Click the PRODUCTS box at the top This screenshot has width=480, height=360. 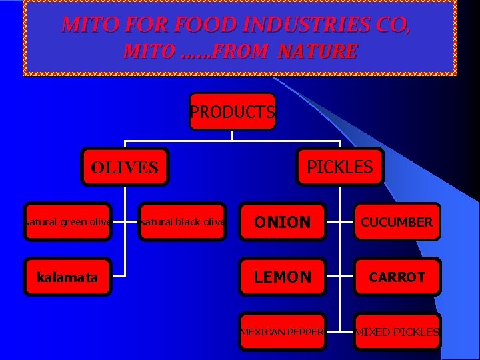[232, 111]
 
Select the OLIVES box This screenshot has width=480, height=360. [125, 167]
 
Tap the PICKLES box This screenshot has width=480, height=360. [339, 166]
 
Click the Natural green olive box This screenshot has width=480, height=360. [67, 221]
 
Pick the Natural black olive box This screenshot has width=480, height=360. [182, 221]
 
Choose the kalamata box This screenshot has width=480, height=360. [67, 277]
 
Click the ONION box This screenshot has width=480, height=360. [283, 221]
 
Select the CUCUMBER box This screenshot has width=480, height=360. [397, 221]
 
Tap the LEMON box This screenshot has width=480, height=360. [283, 277]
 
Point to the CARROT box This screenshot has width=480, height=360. [397, 277]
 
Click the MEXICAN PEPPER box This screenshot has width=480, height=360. [283, 331]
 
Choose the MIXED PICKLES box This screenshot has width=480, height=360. [397, 331]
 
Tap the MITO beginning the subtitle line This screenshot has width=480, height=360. [147, 51]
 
